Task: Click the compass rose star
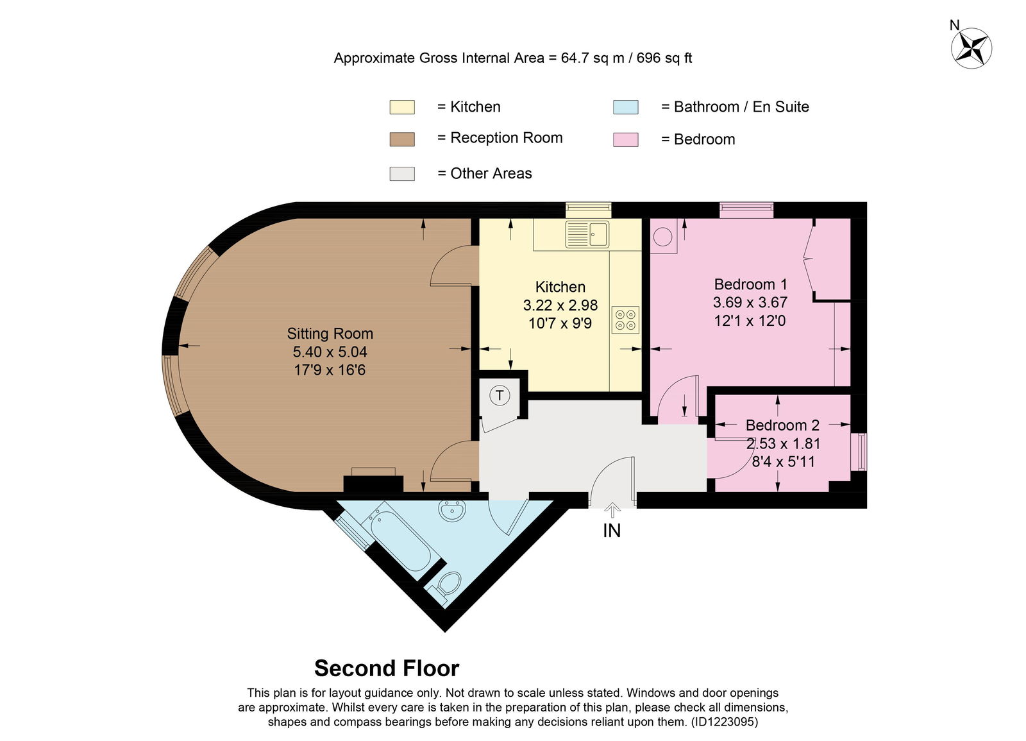point(971,48)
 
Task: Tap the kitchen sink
point(587,234)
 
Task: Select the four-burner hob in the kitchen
point(625,320)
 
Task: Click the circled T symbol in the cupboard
point(500,395)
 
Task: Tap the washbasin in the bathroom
point(453,510)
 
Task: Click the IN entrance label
point(612,531)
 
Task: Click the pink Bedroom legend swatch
point(626,140)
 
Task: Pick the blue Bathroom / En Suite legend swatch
point(626,107)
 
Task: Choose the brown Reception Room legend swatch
point(402,139)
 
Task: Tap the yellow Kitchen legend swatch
point(402,107)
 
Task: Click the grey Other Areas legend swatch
point(402,174)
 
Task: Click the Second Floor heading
point(387,668)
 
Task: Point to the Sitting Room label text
point(330,334)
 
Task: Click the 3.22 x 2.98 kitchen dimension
point(560,305)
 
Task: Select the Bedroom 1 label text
point(751,285)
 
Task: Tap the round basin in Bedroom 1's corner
point(663,237)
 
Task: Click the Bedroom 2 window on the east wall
point(859,452)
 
